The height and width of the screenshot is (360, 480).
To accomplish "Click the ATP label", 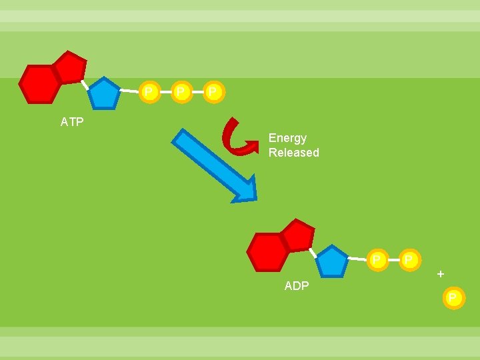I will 72,122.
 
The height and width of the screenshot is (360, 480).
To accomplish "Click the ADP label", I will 296,286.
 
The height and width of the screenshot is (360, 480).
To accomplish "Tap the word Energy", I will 287,138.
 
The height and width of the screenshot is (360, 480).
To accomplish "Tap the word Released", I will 293,153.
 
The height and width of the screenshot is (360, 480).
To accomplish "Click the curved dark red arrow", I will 239,137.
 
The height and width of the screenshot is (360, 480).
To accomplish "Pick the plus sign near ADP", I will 440,274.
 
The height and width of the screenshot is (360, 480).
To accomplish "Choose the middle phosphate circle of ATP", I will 180,91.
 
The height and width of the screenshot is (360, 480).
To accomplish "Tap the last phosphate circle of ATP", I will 212,91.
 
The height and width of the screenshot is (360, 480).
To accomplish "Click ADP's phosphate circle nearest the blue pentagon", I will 377,259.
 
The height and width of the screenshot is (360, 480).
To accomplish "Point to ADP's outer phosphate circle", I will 409,259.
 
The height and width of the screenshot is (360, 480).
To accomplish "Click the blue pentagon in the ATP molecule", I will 104,95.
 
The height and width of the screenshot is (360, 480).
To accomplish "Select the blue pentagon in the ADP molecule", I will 331,262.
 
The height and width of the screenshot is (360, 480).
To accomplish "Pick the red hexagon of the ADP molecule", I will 267,252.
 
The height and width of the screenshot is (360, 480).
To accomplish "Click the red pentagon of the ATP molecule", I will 69,67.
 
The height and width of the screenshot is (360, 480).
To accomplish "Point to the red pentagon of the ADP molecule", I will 297,235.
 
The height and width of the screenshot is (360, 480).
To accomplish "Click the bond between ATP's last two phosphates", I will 196,91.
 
